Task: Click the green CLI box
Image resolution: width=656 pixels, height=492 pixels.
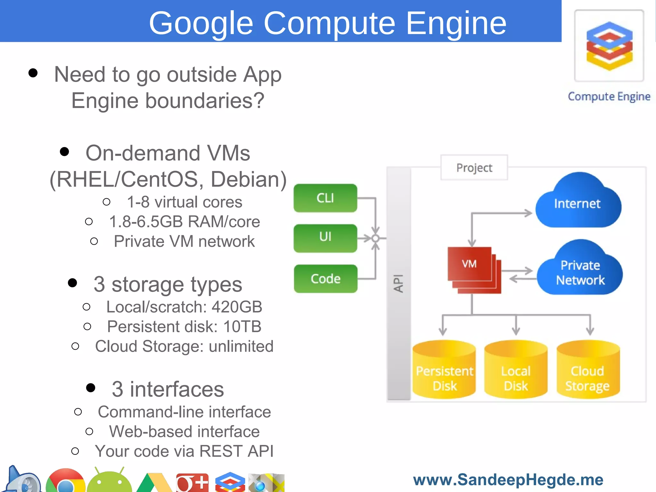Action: (x=325, y=198)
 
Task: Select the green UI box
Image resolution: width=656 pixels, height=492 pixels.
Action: (x=325, y=238)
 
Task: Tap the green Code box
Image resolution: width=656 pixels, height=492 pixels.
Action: (x=325, y=279)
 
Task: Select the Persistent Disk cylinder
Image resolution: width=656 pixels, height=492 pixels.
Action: (x=444, y=372)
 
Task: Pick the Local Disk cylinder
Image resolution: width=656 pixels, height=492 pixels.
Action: (x=516, y=372)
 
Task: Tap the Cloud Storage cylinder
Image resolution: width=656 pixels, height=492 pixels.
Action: (x=588, y=372)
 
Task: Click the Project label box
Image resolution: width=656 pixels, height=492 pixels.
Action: (x=474, y=168)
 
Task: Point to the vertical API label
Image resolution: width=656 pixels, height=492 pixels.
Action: (x=398, y=283)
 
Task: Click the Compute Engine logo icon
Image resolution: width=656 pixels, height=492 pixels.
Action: (x=609, y=46)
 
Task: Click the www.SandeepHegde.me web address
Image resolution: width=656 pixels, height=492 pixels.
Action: (x=508, y=480)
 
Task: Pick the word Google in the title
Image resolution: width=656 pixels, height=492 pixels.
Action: (x=201, y=23)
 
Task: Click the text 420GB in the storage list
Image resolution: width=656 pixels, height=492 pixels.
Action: (x=237, y=307)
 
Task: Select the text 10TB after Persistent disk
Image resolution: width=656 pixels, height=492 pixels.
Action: (x=242, y=327)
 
